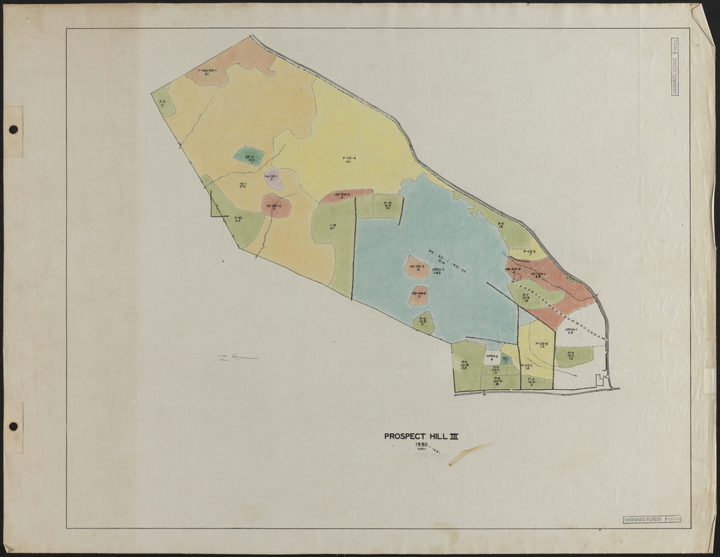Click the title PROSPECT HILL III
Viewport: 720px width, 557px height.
pos(421,437)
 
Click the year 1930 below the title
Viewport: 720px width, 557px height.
pos(421,445)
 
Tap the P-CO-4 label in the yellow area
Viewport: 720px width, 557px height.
pos(350,159)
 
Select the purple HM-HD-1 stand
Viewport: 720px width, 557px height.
pos(272,178)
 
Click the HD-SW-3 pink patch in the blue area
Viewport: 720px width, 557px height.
pos(417,267)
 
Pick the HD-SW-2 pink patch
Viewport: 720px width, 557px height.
pos(418,295)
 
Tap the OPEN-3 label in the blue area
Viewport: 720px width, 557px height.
pos(438,272)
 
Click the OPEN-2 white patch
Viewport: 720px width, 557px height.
pos(492,357)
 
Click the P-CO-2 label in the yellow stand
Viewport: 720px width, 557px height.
pos(542,345)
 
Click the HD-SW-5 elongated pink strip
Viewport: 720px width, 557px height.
pos(343,196)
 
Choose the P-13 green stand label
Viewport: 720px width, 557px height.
pos(388,205)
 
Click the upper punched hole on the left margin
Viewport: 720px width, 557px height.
pos(13,130)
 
